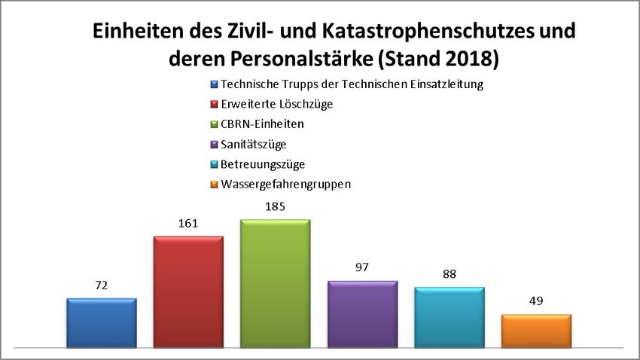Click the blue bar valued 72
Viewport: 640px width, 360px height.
point(102,323)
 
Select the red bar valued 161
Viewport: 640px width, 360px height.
point(188,292)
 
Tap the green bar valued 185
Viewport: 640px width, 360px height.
point(276,284)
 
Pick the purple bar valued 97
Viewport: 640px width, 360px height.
point(362,315)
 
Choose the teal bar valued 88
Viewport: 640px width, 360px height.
point(450,318)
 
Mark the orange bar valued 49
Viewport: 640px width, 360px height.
point(536,331)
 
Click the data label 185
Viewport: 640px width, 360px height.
point(276,206)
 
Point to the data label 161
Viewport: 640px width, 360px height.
point(188,223)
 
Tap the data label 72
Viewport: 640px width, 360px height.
point(102,285)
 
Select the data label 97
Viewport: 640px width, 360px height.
point(362,268)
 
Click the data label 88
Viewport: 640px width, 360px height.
point(450,274)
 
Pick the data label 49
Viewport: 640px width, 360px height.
point(536,301)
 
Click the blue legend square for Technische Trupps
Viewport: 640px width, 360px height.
point(214,84)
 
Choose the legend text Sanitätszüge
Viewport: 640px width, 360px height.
point(254,143)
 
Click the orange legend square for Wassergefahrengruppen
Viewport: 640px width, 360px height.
point(214,183)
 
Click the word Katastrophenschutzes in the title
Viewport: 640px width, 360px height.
point(422,32)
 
